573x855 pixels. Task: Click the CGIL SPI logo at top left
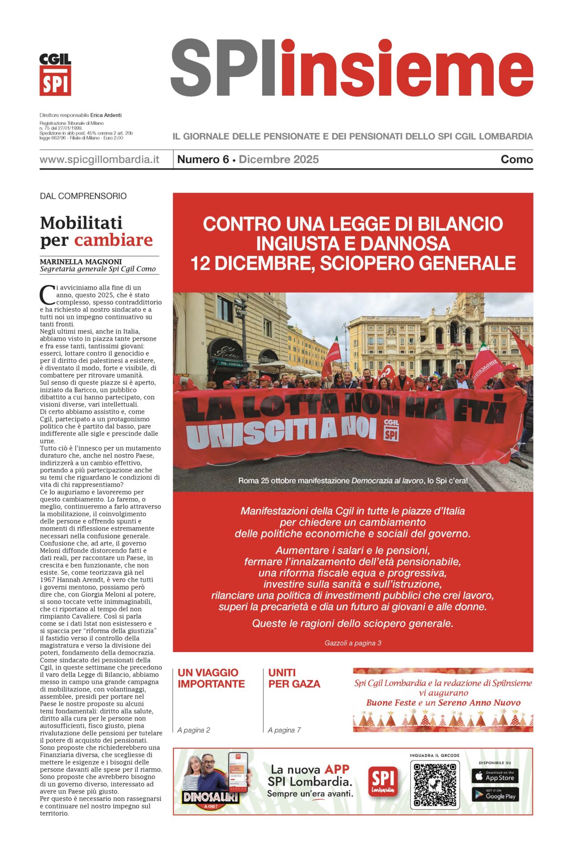click(x=55, y=74)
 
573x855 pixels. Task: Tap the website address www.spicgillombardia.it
click(x=99, y=159)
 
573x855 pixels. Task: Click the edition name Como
click(x=516, y=159)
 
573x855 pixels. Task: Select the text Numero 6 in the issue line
click(x=203, y=159)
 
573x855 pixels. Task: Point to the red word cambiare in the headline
click(x=113, y=240)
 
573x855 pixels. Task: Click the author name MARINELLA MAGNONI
click(x=81, y=262)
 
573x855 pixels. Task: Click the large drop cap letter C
click(x=47, y=295)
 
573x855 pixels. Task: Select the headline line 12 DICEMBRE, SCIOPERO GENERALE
click(x=353, y=263)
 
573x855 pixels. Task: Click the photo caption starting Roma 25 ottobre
click(x=352, y=481)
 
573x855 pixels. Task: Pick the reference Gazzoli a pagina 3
click(x=352, y=643)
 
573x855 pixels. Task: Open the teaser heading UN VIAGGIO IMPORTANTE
click(x=211, y=678)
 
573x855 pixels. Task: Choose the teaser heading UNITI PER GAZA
click(x=294, y=678)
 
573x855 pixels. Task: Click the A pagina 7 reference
click(x=284, y=730)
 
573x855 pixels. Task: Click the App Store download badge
click(x=495, y=776)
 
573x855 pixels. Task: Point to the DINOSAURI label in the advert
click(x=210, y=797)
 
